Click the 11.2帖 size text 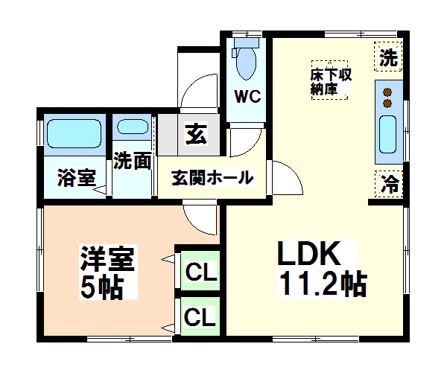323,284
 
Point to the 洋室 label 107,259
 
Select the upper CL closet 200,272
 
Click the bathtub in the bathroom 73,134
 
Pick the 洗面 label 133,161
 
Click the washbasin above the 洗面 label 133,127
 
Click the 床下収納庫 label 331,81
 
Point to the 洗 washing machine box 388,57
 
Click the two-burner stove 388,98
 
